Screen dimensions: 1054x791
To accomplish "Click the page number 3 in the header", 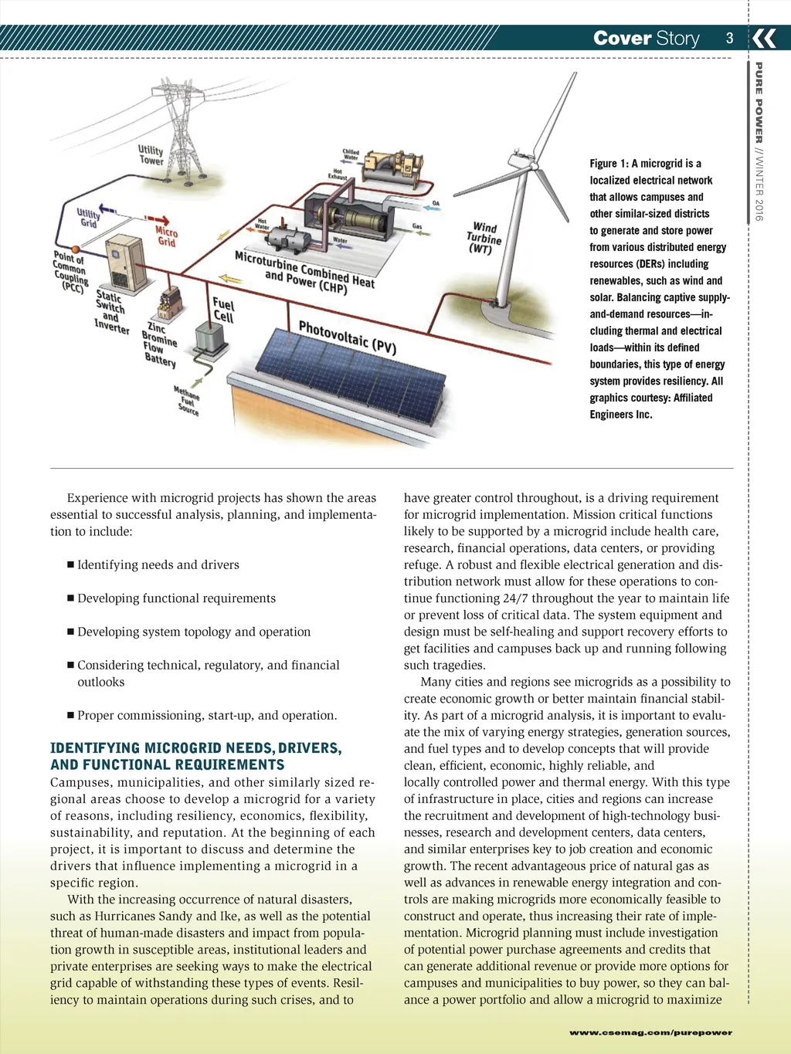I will pos(729,38).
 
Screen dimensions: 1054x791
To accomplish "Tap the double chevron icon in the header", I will pos(765,38).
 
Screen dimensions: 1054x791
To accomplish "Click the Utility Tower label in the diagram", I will pos(151,155).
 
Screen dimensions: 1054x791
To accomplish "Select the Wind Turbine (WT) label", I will pos(484,238).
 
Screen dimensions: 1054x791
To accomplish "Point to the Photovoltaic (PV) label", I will pos(347,337).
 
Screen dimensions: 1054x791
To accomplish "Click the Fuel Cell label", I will pos(223,310).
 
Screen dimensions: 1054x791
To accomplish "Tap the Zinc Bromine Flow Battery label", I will pos(158,344).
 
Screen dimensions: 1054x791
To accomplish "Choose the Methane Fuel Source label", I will pos(186,401).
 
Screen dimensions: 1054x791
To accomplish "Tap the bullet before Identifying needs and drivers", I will pos(71,565).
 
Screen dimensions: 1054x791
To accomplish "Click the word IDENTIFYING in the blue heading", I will pos(95,748).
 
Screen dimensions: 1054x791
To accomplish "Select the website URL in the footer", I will pos(650,1032).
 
